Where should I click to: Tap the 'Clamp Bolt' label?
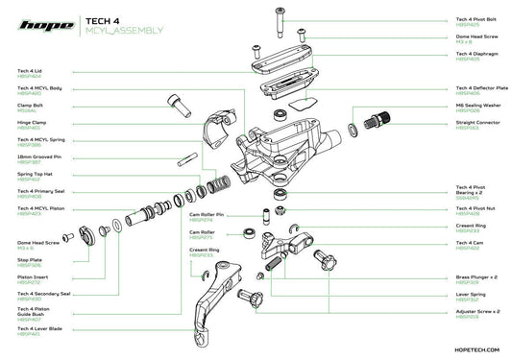pyautogui.click(x=34, y=106)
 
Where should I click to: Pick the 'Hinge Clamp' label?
pyautogui.click(x=35, y=123)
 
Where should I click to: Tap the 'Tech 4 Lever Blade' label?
pyautogui.click(x=41, y=329)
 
